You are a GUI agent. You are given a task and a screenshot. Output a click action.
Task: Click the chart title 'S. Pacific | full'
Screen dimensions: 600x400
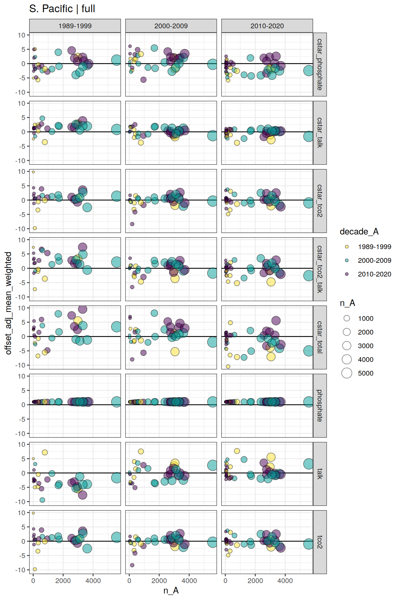62,9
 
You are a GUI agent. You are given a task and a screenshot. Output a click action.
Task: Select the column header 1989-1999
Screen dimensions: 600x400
75,26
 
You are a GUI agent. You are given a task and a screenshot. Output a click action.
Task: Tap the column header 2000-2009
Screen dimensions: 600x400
171,26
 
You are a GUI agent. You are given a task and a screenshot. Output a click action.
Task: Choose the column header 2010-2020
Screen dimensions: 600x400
267,26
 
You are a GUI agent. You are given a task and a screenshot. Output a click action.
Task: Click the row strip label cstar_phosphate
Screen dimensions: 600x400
320,64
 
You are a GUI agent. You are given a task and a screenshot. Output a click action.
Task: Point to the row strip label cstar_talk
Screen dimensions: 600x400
320,132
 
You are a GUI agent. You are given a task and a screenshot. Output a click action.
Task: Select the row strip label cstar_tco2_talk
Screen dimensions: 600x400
320,269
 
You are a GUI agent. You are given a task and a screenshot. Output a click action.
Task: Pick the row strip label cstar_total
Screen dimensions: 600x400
320,337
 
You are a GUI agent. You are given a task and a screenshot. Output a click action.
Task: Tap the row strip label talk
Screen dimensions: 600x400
320,474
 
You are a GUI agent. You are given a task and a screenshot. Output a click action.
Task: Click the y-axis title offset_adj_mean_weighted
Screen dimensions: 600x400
8,303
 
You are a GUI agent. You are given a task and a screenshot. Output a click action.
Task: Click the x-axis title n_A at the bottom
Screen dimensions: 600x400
171,590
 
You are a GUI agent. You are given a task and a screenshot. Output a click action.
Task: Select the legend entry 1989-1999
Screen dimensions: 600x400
374,247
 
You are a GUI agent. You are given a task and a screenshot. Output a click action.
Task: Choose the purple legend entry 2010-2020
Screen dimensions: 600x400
374,274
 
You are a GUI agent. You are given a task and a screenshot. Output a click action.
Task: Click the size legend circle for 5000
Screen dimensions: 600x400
347,373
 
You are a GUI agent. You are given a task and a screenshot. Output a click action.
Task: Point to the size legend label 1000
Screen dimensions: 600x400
365,318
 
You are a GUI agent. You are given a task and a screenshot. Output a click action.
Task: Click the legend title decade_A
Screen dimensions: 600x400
359,232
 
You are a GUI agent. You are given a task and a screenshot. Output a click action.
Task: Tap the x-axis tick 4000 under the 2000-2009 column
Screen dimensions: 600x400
189,581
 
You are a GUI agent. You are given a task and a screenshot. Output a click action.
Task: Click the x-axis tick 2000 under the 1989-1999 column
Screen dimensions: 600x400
63,581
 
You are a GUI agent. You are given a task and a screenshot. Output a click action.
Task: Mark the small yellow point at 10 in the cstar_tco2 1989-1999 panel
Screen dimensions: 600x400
33,172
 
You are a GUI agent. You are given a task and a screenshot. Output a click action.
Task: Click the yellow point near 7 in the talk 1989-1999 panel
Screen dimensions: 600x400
45,452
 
